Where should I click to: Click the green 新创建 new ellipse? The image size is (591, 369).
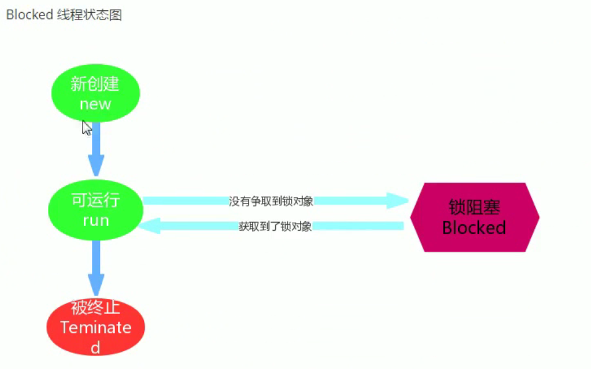pos(95,93)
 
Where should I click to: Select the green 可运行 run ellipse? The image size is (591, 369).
pos(95,209)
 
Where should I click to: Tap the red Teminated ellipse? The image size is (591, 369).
pos(95,327)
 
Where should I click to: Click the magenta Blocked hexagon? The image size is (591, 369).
pos(474,217)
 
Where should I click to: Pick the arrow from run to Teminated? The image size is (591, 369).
pos(96,266)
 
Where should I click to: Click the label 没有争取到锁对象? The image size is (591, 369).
pos(271,201)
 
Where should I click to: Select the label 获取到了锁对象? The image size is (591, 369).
pos(275,227)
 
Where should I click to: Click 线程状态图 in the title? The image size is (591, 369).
pos(89,15)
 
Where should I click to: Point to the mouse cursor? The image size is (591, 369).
pos(86,127)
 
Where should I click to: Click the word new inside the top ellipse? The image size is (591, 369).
pos(95,104)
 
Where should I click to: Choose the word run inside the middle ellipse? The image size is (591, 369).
pos(95,220)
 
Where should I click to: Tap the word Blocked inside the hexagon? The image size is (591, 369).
pos(474,228)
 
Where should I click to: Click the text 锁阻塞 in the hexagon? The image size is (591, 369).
pos(474,207)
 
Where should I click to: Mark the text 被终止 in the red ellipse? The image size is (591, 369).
pos(95,308)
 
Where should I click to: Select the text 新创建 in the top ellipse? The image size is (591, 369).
pos(95,84)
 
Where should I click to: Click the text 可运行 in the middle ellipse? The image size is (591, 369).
pos(95,200)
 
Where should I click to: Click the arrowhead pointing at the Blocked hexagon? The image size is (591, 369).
pos(398,201)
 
